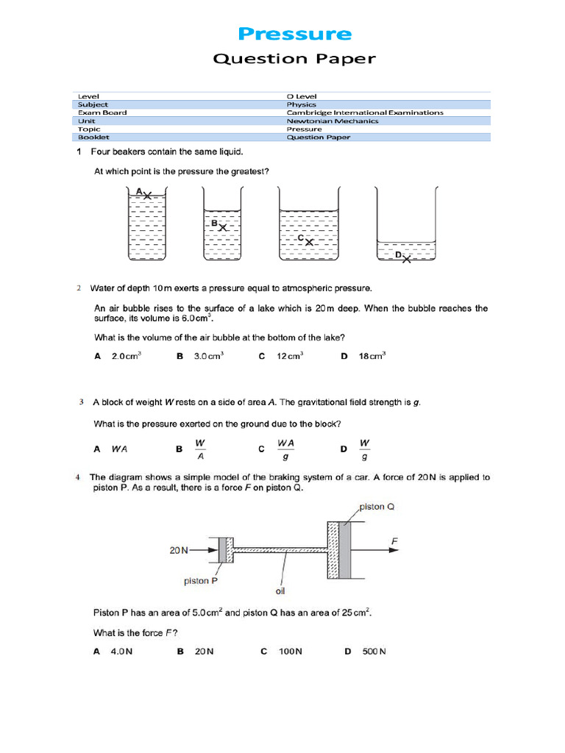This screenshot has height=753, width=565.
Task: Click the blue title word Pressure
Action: click(295, 34)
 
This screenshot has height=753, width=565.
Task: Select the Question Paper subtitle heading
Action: click(294, 59)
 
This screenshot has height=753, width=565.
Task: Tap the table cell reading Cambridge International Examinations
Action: click(365, 113)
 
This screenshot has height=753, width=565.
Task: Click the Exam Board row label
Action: click(102, 113)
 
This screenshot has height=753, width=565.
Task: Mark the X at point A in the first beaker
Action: click(148, 196)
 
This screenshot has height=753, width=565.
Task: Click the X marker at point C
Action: click(310, 241)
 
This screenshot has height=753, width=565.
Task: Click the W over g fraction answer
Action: click(364, 449)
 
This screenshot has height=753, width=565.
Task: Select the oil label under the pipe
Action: click(280, 590)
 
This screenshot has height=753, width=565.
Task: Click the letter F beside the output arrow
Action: click(394, 542)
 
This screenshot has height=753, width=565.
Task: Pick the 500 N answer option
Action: click(374, 652)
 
